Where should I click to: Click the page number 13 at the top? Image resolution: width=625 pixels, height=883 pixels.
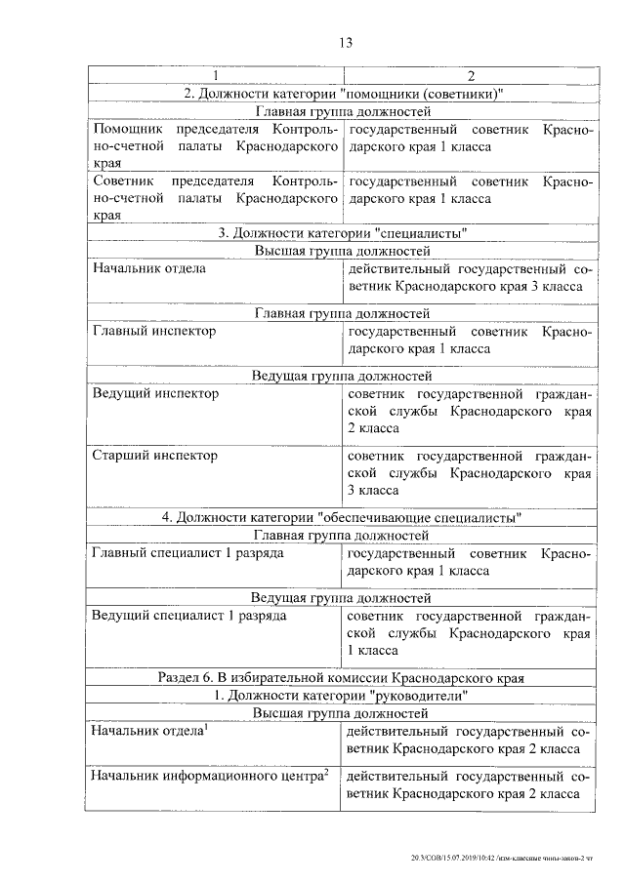(x=344, y=42)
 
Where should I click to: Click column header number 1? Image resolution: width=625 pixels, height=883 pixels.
(x=215, y=76)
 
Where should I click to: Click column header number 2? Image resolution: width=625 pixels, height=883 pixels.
(x=471, y=76)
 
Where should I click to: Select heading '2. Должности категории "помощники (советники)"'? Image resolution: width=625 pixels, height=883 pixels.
(x=342, y=94)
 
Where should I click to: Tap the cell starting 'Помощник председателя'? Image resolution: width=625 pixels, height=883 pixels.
(x=215, y=146)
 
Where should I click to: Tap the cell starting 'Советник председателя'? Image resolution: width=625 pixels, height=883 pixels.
(x=215, y=198)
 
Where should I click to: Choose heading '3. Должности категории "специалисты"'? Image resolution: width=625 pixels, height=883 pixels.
(x=342, y=233)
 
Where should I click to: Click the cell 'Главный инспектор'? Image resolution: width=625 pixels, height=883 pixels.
(x=154, y=331)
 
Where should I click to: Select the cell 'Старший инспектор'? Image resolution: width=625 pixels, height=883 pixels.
(x=154, y=456)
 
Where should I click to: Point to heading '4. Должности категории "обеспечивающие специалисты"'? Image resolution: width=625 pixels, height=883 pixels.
(x=342, y=517)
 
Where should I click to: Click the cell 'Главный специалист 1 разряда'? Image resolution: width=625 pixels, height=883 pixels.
(x=187, y=554)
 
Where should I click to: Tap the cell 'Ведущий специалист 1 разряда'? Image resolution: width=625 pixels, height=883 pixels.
(x=188, y=617)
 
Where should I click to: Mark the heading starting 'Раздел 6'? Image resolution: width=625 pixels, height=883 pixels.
(x=342, y=677)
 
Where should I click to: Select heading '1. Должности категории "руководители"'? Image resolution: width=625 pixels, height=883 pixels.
(x=342, y=696)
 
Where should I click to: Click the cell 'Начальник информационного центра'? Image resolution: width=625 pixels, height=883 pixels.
(x=209, y=778)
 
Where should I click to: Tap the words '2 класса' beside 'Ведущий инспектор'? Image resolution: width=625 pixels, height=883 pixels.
(x=373, y=428)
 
